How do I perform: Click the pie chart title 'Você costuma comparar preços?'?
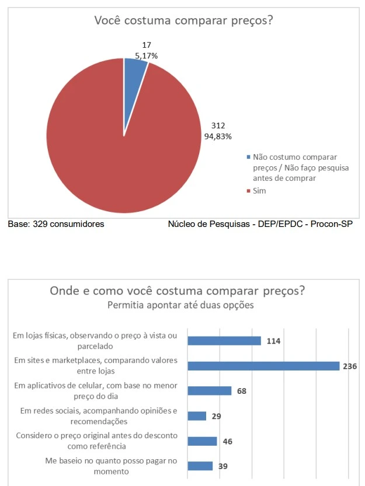coord(184,21)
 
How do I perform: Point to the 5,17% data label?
coord(145,55)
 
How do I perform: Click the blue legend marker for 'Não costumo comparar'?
coord(249,158)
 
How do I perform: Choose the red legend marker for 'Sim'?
coord(249,191)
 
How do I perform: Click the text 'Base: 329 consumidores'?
coord(55,223)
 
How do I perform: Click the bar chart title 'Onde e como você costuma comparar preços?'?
coord(177,291)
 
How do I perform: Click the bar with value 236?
coord(263,366)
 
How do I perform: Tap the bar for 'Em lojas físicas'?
coord(224,341)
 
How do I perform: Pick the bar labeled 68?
coord(210,391)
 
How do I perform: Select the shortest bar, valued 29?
coord(197,416)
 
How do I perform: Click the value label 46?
coord(228,441)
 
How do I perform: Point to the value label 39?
coord(223,466)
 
